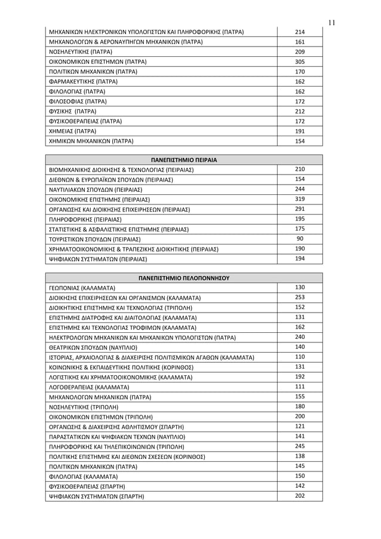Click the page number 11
333,23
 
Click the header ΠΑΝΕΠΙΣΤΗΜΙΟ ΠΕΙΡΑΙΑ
184,160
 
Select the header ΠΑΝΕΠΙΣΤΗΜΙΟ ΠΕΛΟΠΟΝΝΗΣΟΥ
184,278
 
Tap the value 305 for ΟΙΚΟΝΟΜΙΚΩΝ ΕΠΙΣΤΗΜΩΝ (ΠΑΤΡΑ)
300,62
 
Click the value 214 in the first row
300,32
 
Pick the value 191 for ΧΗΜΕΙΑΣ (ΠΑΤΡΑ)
300,131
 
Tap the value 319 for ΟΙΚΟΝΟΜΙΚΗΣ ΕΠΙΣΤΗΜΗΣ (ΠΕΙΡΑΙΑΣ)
300,199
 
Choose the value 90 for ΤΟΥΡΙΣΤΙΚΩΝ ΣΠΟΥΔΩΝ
300,238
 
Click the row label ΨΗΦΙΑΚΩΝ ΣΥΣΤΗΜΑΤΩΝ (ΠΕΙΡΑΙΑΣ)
98,259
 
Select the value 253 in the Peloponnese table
300,297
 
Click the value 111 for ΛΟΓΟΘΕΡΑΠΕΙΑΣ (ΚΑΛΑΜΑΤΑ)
300,387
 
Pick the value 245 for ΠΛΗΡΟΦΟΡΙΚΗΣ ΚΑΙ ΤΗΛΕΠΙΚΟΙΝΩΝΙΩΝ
300,446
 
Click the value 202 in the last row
300,495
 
